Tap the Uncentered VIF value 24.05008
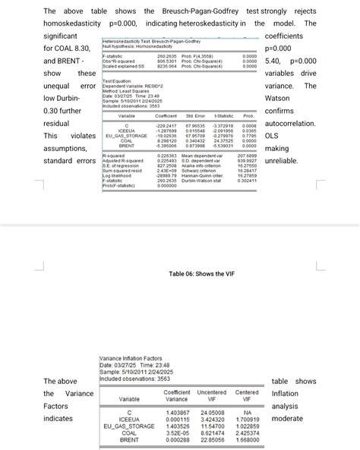pyautogui.click(x=211, y=412)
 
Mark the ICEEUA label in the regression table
pyautogui.click(x=127, y=130)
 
